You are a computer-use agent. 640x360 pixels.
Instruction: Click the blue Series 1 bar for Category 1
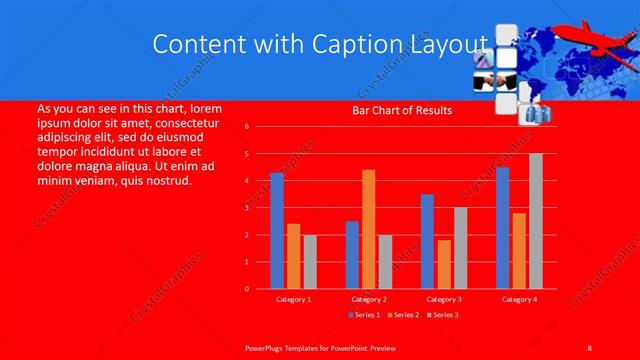pos(277,231)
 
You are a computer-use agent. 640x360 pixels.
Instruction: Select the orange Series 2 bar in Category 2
pos(368,229)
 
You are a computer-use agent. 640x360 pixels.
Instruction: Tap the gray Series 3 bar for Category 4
pos(535,221)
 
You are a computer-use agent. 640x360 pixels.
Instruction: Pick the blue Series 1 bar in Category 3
pos(427,241)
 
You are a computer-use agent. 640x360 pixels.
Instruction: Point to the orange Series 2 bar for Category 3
pos(443,264)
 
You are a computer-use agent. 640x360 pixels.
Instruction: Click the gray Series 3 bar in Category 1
pos(310,262)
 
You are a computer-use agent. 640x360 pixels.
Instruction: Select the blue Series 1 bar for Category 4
pos(502,228)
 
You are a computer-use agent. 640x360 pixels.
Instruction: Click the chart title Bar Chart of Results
pos(403,110)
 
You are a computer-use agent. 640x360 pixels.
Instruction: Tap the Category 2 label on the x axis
pos(368,299)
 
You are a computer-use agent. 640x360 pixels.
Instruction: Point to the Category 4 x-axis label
pos(518,299)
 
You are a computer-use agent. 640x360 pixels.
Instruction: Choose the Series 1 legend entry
pos(363,315)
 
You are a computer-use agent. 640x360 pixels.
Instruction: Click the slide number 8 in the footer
pos(590,346)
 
